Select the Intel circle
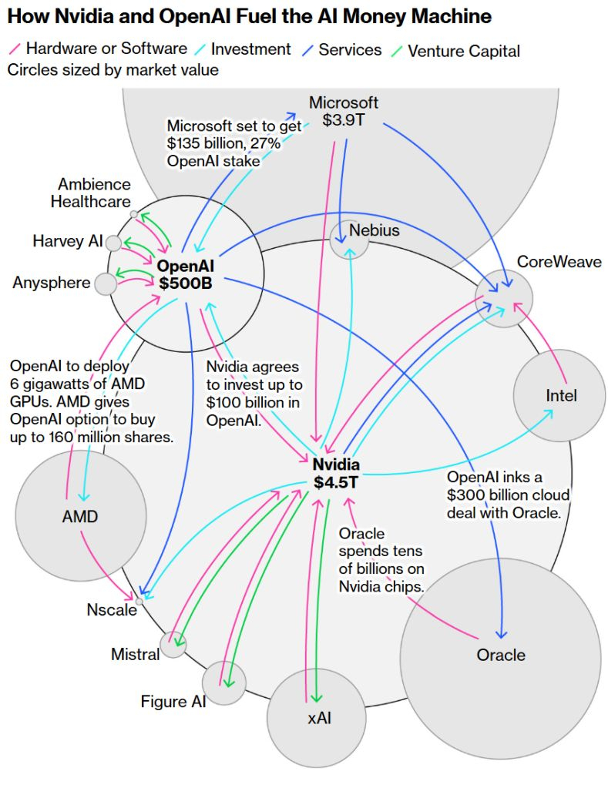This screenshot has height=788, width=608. tap(561, 395)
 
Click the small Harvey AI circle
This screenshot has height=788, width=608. tap(113, 243)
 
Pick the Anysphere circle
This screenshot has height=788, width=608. tap(105, 284)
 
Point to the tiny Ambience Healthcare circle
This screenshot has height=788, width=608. tap(134, 214)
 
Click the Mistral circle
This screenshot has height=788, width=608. tap(173, 644)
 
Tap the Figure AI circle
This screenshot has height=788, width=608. tap(224, 682)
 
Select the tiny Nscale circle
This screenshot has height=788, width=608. tap(139, 600)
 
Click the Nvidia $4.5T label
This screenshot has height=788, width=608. tap(336, 473)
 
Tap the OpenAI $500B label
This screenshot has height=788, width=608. tap(185, 274)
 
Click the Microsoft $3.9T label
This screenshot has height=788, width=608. tap(344, 112)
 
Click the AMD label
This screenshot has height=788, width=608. tap(80, 516)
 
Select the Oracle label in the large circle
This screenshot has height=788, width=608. tap(501, 655)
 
